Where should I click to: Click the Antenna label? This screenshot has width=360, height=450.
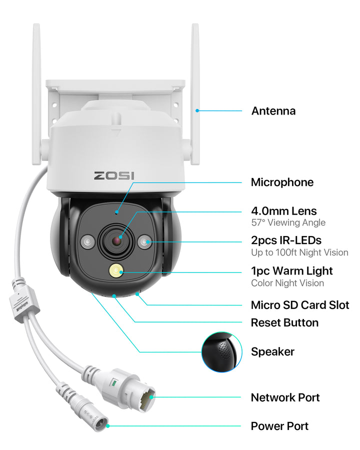pos(273,111)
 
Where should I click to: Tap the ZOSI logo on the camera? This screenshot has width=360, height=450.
pos(117,175)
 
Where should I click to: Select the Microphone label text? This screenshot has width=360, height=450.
pos(282,182)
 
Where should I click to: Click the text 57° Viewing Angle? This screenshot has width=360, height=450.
pos(288,223)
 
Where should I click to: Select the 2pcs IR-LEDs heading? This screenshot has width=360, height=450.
pos(286,240)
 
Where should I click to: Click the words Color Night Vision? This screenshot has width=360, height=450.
pos(287,283)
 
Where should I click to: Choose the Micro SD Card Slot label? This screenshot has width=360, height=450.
pos(300,305)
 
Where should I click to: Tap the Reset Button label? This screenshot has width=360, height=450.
pos(284,322)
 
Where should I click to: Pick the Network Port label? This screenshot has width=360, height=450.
pos(285,397)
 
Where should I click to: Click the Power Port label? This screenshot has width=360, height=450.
pos(279,426)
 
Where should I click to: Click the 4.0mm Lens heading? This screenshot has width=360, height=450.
pos(283,211)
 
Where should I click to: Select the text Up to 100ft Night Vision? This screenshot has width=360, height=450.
pos(299,252)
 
